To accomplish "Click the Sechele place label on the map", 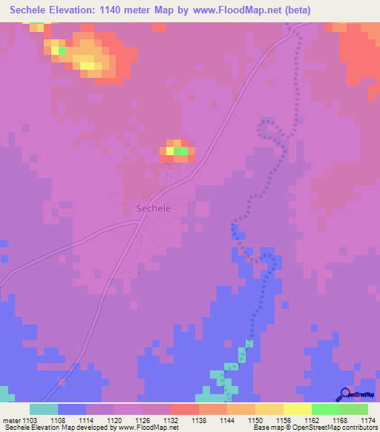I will pyautogui.click(x=154, y=209).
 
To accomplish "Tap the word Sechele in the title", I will pyautogui.click(x=33, y=10).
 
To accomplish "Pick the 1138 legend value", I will pyautogui.click(x=199, y=420).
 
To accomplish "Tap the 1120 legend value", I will pyautogui.click(x=114, y=420).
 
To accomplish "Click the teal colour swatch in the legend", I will pyautogui.click(x=44, y=409).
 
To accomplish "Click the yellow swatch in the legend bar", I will pyautogui.click(x=297, y=409).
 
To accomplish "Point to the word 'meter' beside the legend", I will pyautogui.click(x=10, y=420).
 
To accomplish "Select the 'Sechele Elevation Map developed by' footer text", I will pyautogui.click(x=56, y=428).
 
